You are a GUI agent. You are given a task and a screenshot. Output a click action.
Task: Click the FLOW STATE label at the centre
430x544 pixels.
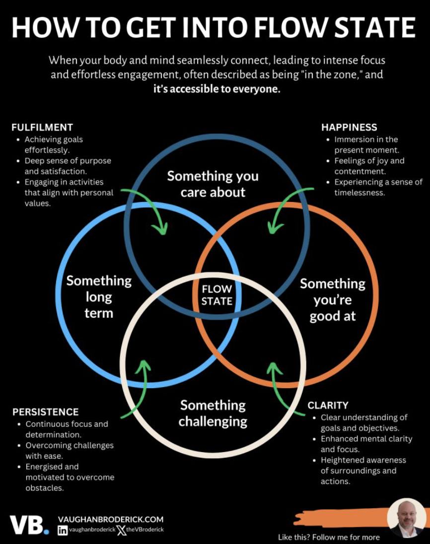[217, 295]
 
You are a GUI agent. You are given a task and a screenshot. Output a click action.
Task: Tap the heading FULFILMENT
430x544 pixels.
[42, 128]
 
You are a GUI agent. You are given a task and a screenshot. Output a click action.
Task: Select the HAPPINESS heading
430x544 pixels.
[349, 128]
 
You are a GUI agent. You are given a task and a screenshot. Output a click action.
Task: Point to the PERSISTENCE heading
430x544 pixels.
[46, 412]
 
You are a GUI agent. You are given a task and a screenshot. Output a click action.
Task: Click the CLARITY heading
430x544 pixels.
[328, 406]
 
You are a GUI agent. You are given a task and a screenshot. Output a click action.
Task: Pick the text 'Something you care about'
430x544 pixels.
[213, 184]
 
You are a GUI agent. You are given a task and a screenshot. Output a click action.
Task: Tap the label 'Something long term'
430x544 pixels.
[99, 297]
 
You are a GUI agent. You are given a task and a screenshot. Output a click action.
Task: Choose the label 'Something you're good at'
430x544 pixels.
[333, 300]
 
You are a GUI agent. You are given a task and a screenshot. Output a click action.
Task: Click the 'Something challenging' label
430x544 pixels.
[213, 413]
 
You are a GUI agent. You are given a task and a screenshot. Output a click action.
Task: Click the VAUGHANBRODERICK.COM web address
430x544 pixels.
[110, 519]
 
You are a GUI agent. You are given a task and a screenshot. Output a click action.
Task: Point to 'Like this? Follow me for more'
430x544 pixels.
[329, 537]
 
